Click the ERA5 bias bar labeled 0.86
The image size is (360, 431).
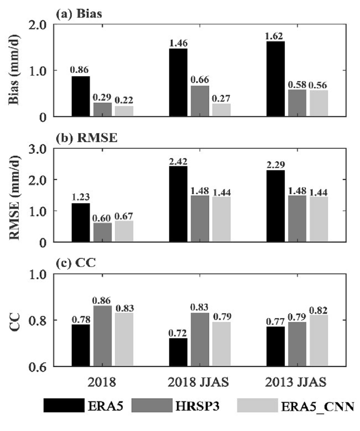coord(81,96)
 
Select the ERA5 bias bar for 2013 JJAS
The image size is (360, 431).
coord(276,79)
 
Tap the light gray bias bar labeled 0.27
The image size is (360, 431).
coord(221,110)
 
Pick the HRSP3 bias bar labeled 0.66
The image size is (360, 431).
coord(200,101)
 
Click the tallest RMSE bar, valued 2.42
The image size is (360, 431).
coord(178,204)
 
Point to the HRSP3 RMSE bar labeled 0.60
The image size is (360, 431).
coord(102,232)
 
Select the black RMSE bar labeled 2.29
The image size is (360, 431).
coord(276,206)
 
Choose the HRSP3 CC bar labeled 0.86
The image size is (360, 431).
coord(102,336)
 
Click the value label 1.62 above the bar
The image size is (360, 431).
coord(275,36)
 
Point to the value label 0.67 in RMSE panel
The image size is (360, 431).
coord(124,216)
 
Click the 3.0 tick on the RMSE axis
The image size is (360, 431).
coord(37,149)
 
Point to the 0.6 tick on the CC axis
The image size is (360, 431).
coord(37,367)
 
